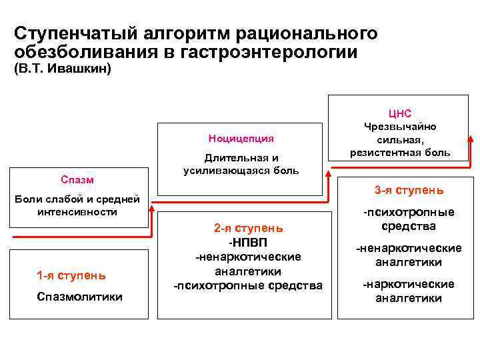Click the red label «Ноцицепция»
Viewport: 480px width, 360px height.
tap(241, 139)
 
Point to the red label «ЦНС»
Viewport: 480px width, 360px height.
tap(400, 114)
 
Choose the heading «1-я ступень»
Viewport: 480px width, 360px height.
tap(71, 275)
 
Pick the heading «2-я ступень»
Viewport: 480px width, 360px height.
tap(249, 229)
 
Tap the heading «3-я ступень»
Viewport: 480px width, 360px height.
tap(409, 191)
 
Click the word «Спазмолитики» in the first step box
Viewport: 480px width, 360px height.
tap(80, 297)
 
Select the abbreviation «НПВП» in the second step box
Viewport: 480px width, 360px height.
tap(249, 243)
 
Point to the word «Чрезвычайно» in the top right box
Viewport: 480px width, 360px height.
tap(400, 127)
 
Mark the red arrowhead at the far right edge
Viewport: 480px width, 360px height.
tap(469, 141)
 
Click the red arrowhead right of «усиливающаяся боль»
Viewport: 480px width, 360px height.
tap(328, 172)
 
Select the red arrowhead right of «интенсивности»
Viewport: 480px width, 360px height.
tap(152, 209)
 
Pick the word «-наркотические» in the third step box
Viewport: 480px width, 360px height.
tap(409, 285)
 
